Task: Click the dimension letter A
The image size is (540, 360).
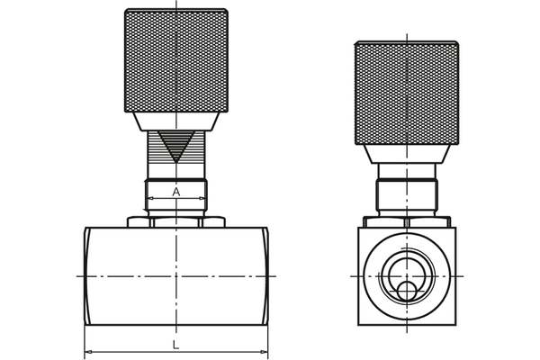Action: click(x=176, y=191)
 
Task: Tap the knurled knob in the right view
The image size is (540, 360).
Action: click(x=407, y=93)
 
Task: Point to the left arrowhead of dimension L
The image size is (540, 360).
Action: click(x=88, y=352)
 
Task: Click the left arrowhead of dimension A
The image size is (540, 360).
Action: click(x=149, y=198)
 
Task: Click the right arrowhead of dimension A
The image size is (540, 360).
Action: click(x=203, y=198)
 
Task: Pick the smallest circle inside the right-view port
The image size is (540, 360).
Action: click(x=408, y=291)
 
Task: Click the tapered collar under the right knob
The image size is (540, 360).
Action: click(x=407, y=153)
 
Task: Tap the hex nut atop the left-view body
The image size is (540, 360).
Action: click(x=176, y=221)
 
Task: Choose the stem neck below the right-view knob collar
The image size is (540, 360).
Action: click(x=407, y=172)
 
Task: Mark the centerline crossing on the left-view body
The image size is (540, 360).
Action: click(x=176, y=275)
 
